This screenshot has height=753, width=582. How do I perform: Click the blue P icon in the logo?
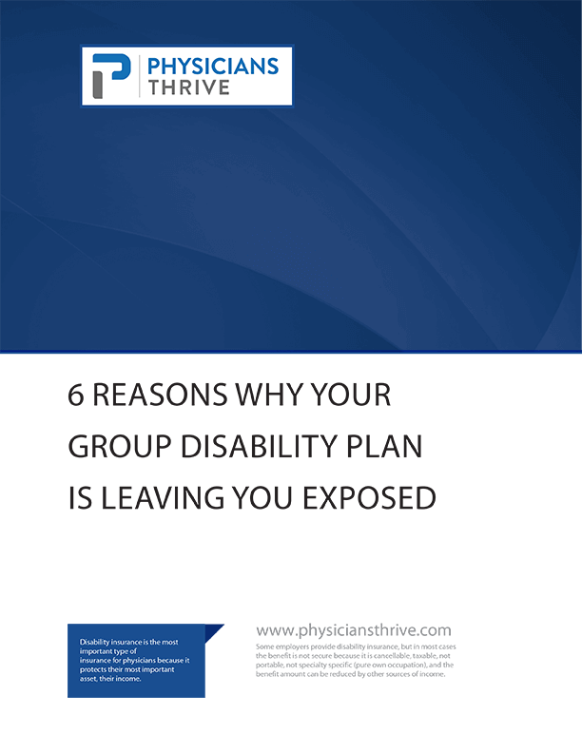point(111,76)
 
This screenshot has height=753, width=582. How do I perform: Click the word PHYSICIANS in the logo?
point(213,67)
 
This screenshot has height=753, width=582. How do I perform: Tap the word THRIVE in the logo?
point(188,87)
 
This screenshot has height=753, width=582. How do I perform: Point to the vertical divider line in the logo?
point(140,76)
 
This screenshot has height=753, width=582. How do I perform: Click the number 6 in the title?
point(75,396)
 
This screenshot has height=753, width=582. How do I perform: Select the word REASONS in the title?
point(160,396)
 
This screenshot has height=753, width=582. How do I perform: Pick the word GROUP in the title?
point(120,447)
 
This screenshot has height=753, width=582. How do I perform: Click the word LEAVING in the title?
point(163,497)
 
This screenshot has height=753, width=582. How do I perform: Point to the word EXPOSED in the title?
point(369,497)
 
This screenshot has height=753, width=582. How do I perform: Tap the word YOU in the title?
point(262,497)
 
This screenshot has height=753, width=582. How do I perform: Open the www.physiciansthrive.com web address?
point(354,630)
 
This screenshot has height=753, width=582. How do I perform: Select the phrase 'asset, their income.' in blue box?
point(110,679)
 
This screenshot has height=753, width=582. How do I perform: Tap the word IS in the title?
point(80,497)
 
